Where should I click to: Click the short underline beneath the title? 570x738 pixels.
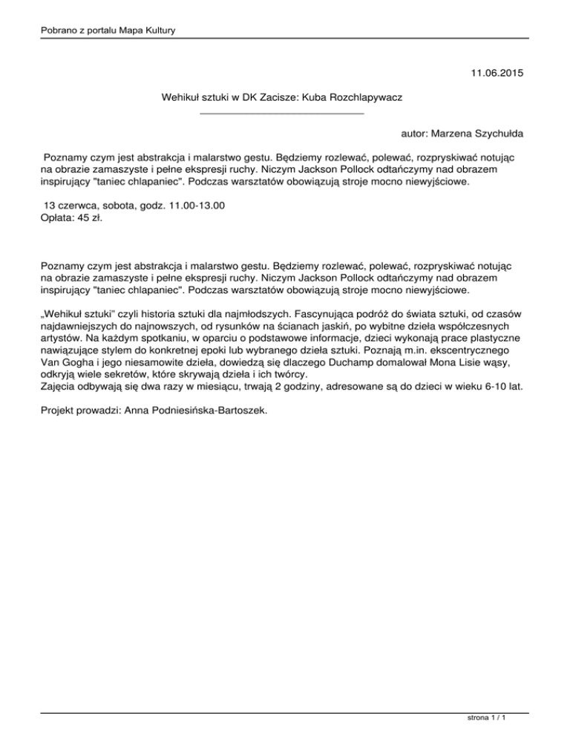coord(282,113)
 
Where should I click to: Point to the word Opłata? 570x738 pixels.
coord(56,218)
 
